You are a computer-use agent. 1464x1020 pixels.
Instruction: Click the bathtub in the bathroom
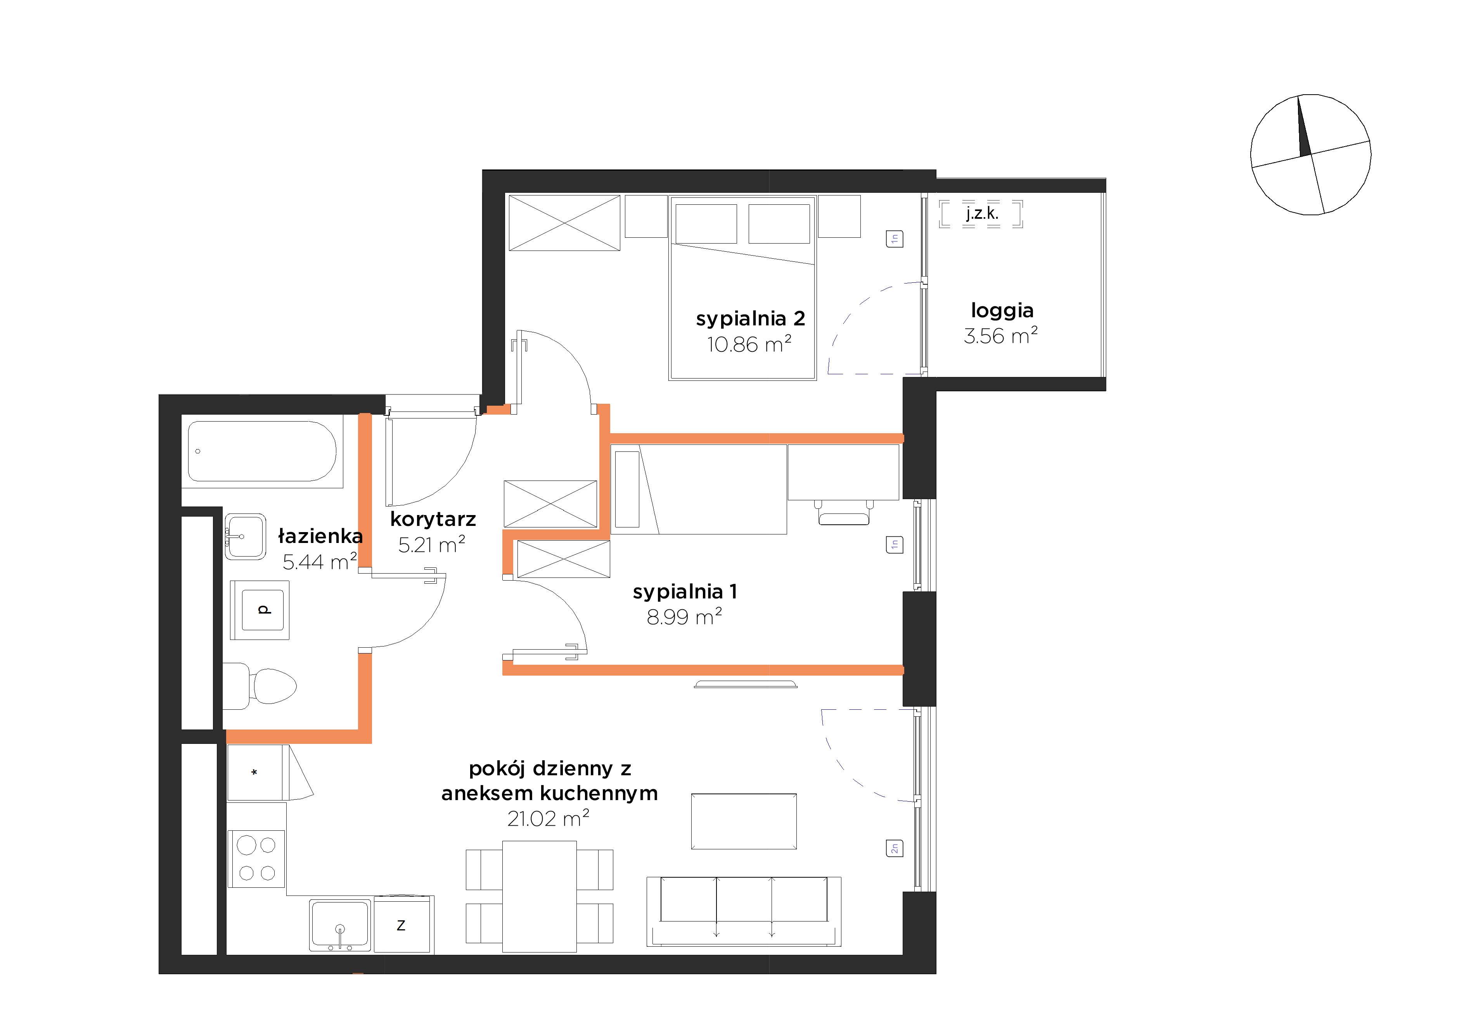click(x=262, y=451)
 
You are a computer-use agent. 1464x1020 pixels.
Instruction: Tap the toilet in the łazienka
click(x=260, y=686)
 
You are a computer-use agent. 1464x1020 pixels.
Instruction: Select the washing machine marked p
click(x=260, y=610)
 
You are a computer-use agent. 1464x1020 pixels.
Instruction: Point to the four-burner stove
click(x=257, y=859)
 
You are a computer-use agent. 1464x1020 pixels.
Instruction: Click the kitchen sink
click(x=340, y=925)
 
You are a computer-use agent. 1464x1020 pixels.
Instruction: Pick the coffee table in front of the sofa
click(x=744, y=821)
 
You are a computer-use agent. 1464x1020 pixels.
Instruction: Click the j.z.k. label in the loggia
click(x=982, y=214)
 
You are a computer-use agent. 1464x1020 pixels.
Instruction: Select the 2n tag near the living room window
click(x=895, y=849)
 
